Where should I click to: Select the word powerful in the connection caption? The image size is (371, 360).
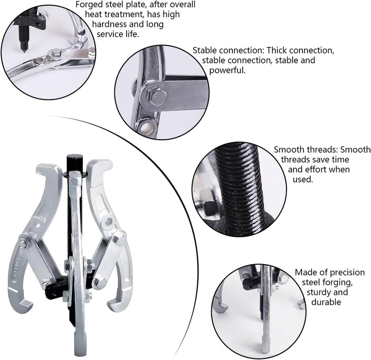click(x=227, y=70)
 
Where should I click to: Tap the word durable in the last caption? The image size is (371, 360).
click(x=326, y=302)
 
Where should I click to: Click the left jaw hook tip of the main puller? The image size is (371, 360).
click(x=26, y=304)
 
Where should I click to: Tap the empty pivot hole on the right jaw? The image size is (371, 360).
click(x=109, y=221)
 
